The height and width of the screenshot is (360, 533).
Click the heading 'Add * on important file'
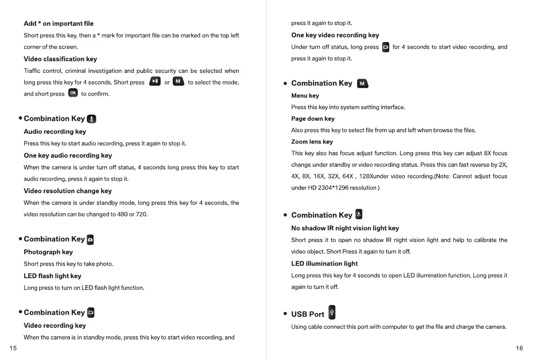click(x=59, y=24)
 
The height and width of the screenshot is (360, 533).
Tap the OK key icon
click(x=73, y=93)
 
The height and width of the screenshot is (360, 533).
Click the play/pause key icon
click(x=155, y=81)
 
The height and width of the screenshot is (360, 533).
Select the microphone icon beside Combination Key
click(x=91, y=119)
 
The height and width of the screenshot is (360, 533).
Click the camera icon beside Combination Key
click(x=90, y=240)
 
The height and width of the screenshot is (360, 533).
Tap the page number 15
click(x=13, y=348)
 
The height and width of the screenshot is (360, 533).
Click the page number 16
click(x=519, y=348)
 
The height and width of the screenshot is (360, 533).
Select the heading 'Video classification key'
click(x=60, y=59)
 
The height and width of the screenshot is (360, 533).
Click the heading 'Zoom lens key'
click(x=312, y=142)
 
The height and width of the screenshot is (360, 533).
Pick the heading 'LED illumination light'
click(x=324, y=263)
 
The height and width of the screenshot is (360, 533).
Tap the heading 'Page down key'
click(x=313, y=119)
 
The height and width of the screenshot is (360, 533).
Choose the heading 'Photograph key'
click(x=48, y=252)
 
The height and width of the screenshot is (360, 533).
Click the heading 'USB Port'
click(x=307, y=314)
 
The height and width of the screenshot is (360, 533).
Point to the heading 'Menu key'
click(x=305, y=95)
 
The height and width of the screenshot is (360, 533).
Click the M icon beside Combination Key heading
click(x=362, y=84)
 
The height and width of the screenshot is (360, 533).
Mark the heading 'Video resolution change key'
click(x=68, y=191)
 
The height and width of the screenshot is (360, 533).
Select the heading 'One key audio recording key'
click(x=68, y=156)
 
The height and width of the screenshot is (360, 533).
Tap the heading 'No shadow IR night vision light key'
click(x=345, y=228)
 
